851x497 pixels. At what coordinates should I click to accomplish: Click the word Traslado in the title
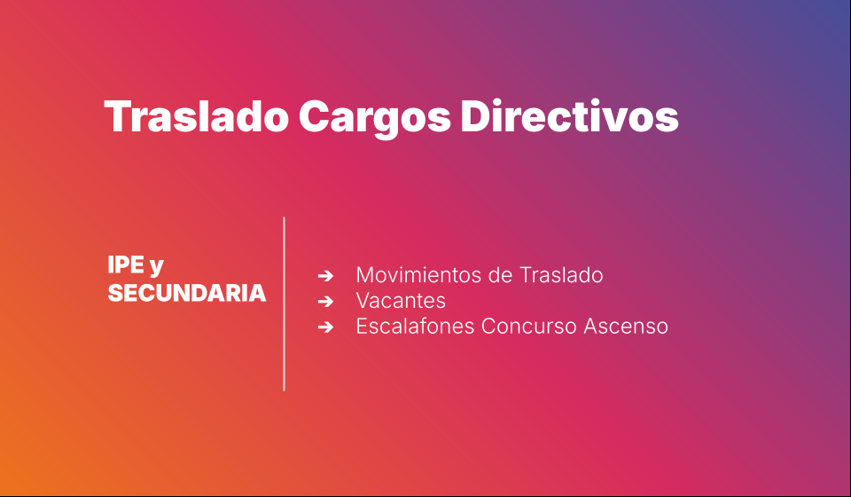(x=196, y=116)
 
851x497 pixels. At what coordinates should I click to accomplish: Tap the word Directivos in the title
(x=569, y=115)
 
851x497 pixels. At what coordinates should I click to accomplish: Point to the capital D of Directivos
(x=475, y=116)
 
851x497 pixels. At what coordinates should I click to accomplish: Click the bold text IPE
(x=126, y=265)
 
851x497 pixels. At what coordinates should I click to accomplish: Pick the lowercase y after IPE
(x=156, y=268)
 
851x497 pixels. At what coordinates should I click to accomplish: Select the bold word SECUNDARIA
(x=187, y=293)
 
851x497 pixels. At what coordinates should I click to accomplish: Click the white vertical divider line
(x=284, y=304)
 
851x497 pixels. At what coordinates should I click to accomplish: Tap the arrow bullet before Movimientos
(x=325, y=276)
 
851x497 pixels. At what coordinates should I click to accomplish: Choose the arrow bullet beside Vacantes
(x=325, y=302)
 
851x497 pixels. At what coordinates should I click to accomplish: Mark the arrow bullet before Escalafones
(x=325, y=327)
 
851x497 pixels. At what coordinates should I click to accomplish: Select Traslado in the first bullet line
(x=561, y=275)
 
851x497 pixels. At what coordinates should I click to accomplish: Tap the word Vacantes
(x=401, y=300)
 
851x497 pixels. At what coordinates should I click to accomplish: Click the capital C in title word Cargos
(x=315, y=116)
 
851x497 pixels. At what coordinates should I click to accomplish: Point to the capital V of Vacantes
(x=364, y=301)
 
